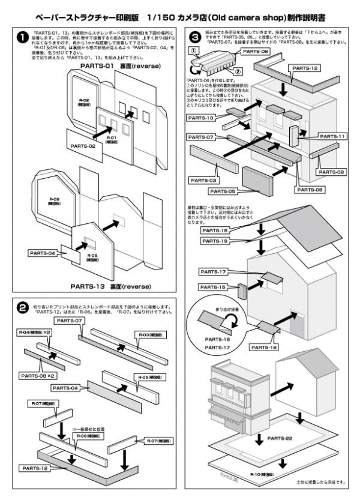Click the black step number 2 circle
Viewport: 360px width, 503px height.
[x=22, y=309]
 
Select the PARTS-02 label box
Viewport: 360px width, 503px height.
[x=82, y=146]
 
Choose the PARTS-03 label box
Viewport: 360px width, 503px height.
[x=203, y=179]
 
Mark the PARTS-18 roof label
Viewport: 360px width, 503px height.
[x=214, y=230]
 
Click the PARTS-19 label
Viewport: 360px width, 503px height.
[x=214, y=241]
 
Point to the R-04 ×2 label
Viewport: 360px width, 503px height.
[x=35, y=332]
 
